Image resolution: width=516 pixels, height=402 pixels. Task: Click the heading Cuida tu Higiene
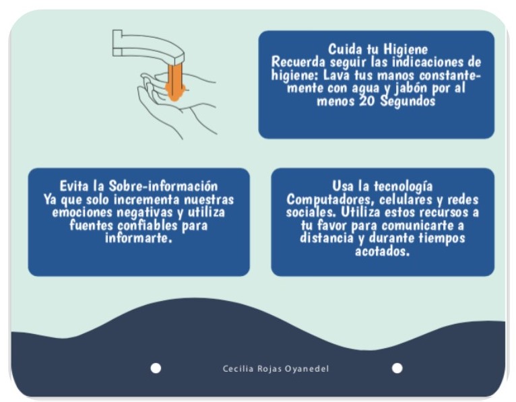378,49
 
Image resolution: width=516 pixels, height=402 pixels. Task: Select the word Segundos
408,101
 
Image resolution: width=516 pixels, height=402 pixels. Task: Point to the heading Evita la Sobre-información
139,187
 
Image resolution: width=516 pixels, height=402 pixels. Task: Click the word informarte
138,238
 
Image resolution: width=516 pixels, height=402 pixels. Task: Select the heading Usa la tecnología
382,187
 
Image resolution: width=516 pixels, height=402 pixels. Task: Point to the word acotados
382,251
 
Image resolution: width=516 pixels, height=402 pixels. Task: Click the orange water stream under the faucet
175,82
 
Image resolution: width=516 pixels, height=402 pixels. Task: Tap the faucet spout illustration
148,46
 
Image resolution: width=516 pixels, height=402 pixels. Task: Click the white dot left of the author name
156,368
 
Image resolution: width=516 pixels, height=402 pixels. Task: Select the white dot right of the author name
397,368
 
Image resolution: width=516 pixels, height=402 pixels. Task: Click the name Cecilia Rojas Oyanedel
276,369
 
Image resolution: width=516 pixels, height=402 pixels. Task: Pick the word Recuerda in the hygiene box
298,62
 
